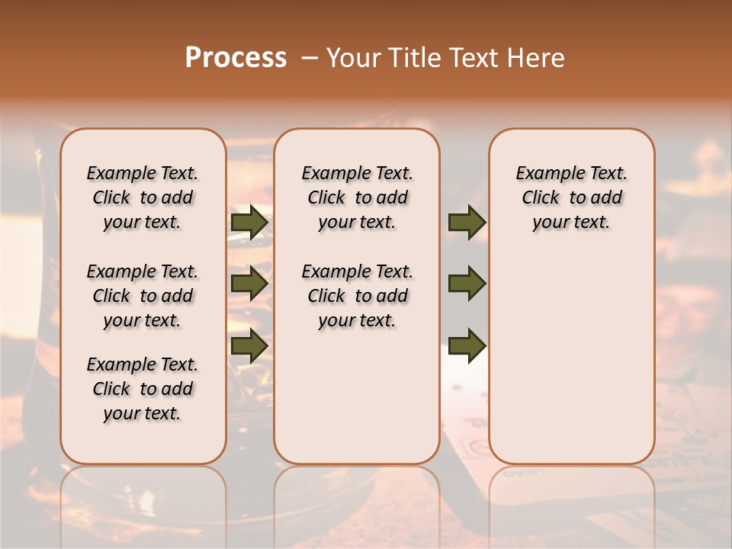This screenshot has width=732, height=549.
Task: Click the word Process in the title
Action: tap(236, 58)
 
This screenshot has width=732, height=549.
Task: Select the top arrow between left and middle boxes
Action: tap(249, 222)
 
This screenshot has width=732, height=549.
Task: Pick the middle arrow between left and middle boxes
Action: tap(249, 284)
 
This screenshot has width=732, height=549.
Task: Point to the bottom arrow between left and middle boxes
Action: tap(249, 345)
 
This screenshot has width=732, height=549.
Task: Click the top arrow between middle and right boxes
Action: tap(467, 222)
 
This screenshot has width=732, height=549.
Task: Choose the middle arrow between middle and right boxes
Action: tap(467, 284)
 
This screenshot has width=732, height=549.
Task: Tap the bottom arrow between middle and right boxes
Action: tap(467, 345)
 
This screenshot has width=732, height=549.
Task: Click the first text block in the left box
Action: tap(143, 197)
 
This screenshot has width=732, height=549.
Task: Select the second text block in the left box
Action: tap(143, 296)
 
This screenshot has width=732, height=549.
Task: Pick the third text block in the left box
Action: tap(143, 389)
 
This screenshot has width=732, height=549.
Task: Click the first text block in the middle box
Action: tap(357, 197)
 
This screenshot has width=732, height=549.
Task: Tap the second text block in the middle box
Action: tap(357, 296)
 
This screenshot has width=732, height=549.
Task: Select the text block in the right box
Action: tap(571, 197)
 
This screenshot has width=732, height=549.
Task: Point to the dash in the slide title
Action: tap(309, 58)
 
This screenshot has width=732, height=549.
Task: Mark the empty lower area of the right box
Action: tap(571, 358)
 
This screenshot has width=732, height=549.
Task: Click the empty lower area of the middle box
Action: tap(357, 396)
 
